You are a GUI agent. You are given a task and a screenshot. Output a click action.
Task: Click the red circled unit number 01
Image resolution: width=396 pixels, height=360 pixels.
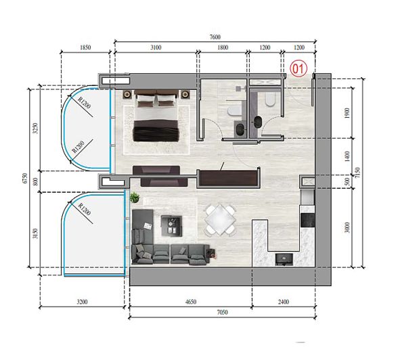299,68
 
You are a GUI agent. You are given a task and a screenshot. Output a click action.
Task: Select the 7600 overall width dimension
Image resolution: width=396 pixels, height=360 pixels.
215,37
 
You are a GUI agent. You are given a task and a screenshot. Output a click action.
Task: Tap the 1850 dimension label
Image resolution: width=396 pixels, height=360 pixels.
85,48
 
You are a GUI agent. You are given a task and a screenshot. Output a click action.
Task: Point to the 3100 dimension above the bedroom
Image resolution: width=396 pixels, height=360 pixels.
155,48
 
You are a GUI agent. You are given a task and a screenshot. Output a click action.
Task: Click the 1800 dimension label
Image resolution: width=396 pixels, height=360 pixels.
222,48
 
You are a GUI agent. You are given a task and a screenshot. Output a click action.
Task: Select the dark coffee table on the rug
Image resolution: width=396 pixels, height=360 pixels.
171,223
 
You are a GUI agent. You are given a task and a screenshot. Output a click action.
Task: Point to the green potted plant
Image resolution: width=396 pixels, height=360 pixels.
134,198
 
